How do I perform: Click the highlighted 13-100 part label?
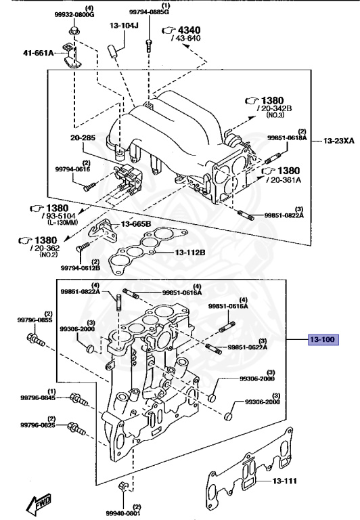tap(322, 339)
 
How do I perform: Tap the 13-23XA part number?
tap(338, 141)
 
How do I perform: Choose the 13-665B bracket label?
tap(136, 224)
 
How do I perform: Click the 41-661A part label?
tap(37, 51)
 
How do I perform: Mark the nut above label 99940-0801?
tap(122, 487)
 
